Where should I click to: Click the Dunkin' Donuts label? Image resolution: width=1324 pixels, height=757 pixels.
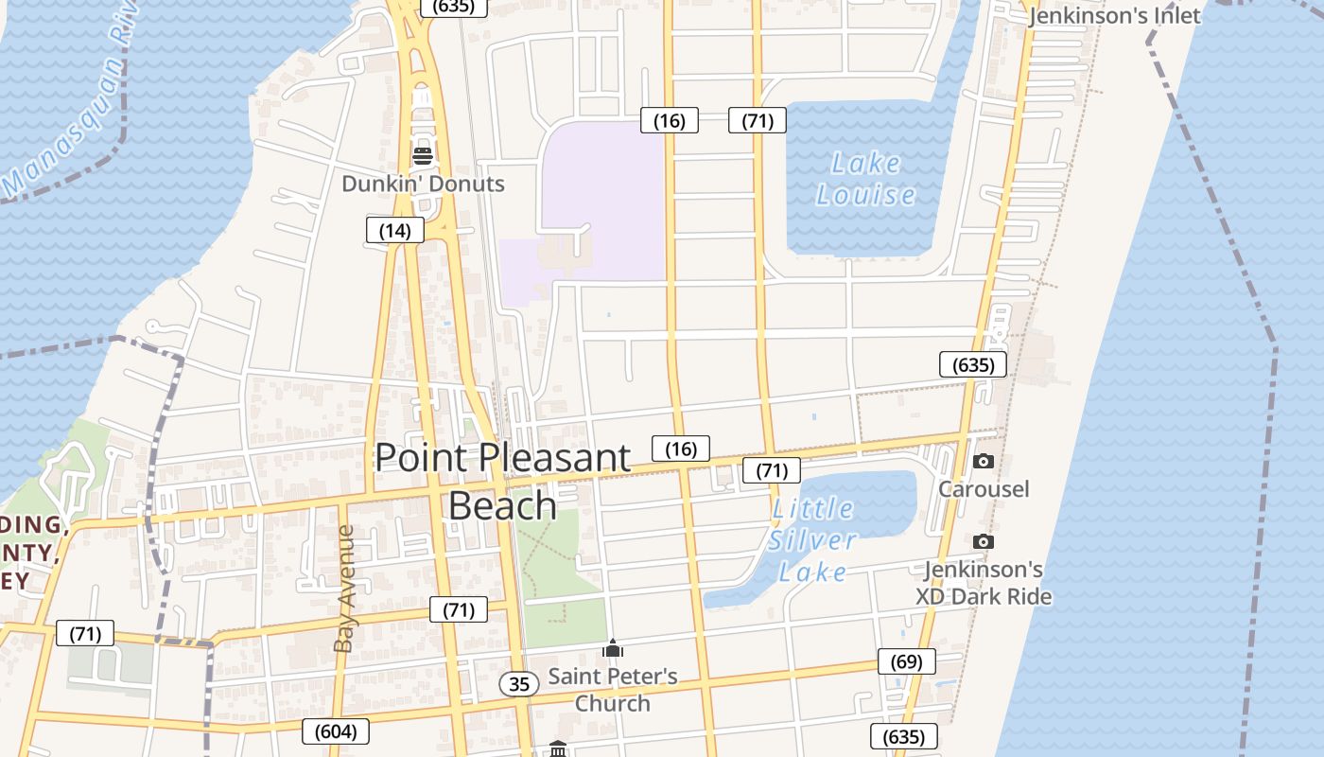click(x=423, y=184)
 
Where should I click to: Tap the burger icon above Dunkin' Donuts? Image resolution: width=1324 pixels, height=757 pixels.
click(x=423, y=156)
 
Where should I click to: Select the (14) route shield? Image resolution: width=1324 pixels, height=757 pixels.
click(x=394, y=230)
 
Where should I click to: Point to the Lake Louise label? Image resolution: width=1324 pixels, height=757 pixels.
click(x=865, y=179)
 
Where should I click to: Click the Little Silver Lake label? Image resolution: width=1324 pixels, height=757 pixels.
click(x=812, y=540)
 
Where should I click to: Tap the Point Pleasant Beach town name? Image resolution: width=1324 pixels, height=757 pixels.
click(x=502, y=481)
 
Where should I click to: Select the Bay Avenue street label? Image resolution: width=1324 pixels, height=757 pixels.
click(x=343, y=589)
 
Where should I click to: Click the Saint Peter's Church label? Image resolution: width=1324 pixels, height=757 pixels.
click(x=613, y=690)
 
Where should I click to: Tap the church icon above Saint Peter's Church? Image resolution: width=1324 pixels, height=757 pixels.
click(x=613, y=649)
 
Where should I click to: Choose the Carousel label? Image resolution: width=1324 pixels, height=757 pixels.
click(x=984, y=489)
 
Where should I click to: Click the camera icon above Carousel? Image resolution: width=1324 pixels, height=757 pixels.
click(x=984, y=462)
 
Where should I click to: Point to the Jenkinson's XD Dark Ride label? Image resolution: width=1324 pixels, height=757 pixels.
click(x=984, y=583)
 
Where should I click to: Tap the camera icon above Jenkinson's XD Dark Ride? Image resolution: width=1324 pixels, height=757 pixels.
click(x=984, y=542)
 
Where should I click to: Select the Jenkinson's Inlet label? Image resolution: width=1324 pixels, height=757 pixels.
click(x=1114, y=15)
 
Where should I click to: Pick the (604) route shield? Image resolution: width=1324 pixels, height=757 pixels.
click(x=335, y=731)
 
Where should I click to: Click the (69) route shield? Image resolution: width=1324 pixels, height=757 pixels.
click(x=906, y=661)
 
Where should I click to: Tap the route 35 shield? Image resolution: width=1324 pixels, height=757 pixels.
click(x=519, y=683)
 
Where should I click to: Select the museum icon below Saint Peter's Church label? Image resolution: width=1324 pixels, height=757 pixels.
click(x=558, y=748)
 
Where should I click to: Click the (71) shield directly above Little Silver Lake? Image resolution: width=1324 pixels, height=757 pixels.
click(x=772, y=470)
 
